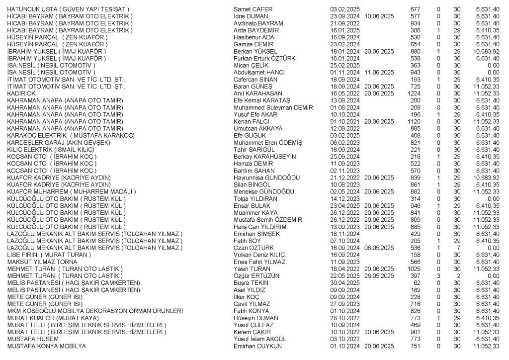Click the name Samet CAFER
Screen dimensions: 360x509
pos(253,9)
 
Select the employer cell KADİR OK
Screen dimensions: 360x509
pos(21,93)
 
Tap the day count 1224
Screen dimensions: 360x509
pos(414,93)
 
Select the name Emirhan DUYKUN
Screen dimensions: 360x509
pos(257,346)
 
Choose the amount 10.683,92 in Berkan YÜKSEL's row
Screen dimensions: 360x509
pos(487,51)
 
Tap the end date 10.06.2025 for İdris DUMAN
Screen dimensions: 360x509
pos(379,16)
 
